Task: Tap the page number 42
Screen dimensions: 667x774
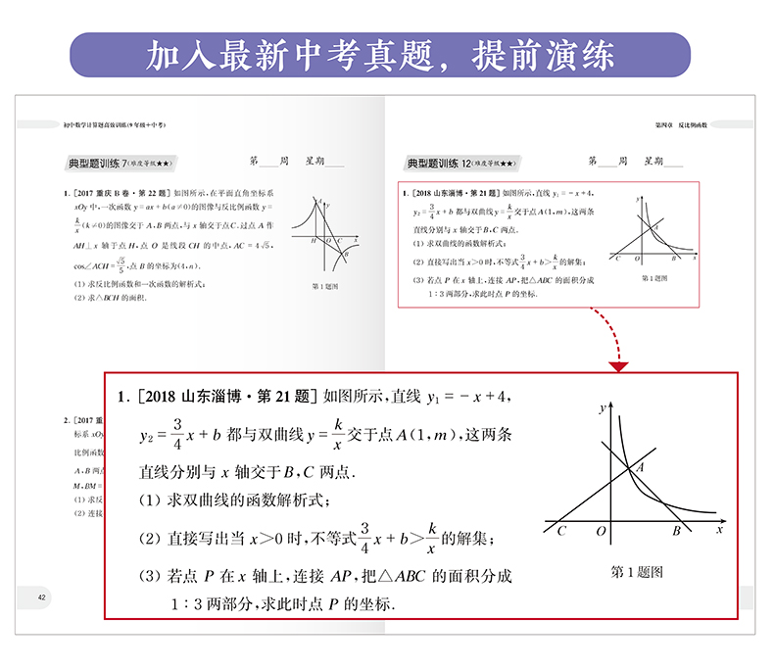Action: click(40, 597)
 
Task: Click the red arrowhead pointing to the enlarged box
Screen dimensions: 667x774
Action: click(618, 365)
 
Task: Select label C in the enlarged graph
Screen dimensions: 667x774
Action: click(561, 531)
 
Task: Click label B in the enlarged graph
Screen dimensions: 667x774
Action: click(675, 531)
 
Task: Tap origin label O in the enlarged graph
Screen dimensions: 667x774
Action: click(601, 531)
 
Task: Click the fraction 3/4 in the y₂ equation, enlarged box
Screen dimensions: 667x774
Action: click(177, 434)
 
